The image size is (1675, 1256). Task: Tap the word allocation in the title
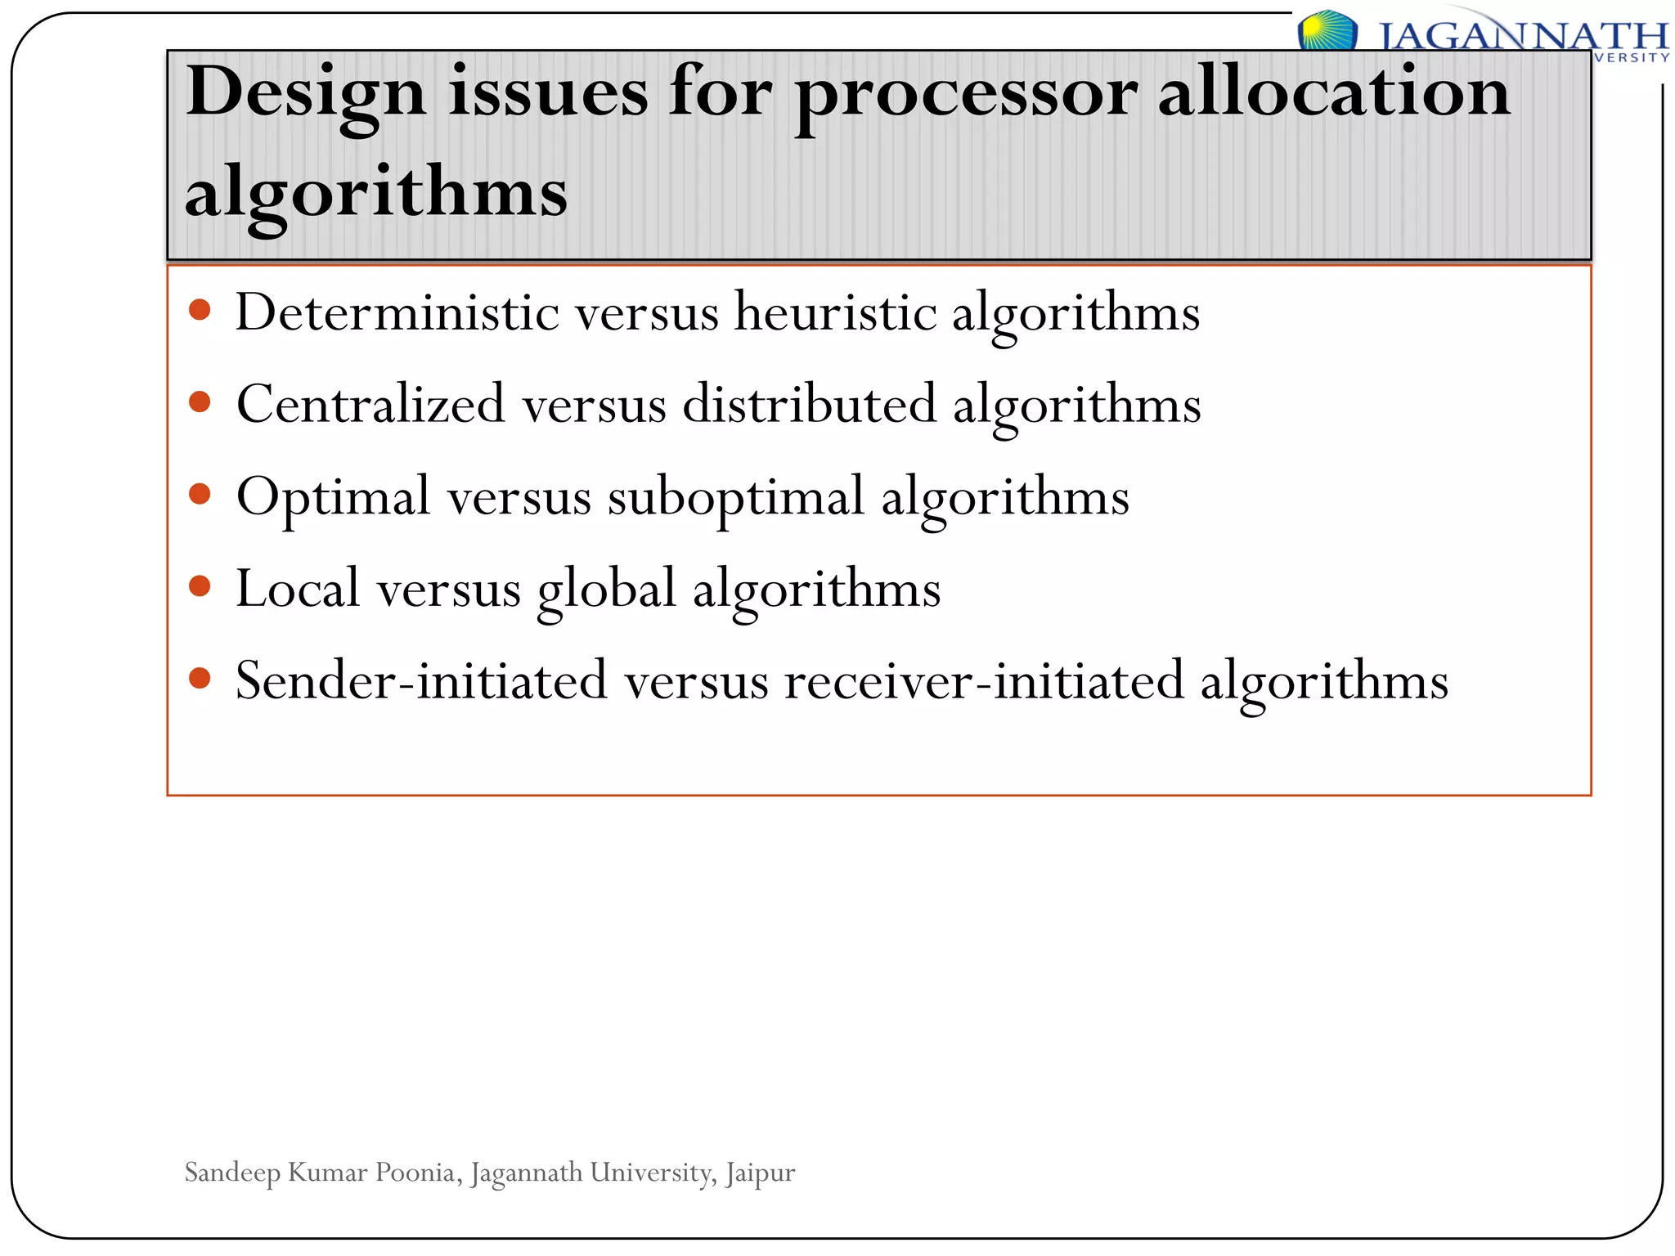1334,92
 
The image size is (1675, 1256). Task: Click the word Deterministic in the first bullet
397,312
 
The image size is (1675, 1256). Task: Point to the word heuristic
835,312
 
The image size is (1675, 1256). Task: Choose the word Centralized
370,404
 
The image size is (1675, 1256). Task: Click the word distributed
809,404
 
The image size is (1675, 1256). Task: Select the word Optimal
333,496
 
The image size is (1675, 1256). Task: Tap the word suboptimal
735,496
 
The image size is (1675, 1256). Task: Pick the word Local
298,589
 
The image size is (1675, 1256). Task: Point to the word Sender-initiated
421,680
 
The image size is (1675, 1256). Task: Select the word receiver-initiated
984,680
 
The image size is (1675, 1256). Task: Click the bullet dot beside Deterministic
200,310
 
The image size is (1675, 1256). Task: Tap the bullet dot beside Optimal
200,494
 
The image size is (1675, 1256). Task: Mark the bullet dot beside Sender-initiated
200,678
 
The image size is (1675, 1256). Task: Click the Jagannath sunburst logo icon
1327,31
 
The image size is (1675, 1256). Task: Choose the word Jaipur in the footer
760,1173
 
